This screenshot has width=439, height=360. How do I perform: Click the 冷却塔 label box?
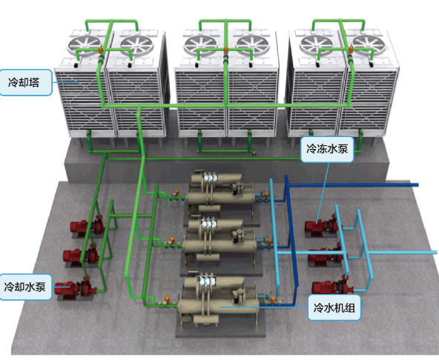pyautogui.click(x=26, y=82)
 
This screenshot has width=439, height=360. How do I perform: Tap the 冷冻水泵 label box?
pyautogui.click(x=327, y=149)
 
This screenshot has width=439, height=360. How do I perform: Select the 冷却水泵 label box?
pyautogui.click(x=25, y=287)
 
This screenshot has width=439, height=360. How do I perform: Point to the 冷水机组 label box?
pyautogui.click(x=334, y=307)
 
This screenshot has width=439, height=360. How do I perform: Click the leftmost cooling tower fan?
pyautogui.click(x=85, y=45)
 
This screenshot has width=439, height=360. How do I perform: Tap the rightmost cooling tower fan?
pyautogui.click(x=369, y=44)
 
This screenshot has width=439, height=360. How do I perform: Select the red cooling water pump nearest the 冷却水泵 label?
pyautogui.click(x=75, y=288)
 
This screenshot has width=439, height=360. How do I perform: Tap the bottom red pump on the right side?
pyautogui.click(x=332, y=286)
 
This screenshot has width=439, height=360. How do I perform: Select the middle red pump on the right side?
pyautogui.click(x=327, y=256)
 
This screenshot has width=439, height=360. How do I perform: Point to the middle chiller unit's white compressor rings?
pyautogui.click(x=208, y=224)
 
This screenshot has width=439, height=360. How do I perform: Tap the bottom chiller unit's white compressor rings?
pyautogui.click(x=208, y=281)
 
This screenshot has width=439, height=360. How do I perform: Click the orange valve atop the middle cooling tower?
pyautogui.click(x=225, y=50)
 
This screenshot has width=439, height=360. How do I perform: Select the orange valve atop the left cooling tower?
pyautogui.click(x=101, y=50)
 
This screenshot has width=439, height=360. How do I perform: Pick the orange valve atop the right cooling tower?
pyautogui.click(x=350, y=50)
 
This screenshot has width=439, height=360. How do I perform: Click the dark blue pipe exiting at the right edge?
pyautogui.click(x=352, y=184)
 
